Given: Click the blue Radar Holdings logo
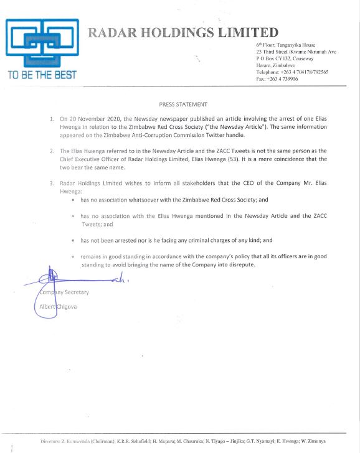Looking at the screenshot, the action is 42,42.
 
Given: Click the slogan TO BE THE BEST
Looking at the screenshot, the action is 42,75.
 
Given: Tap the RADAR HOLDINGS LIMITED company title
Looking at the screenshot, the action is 183,32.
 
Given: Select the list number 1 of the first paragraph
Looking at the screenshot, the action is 52,118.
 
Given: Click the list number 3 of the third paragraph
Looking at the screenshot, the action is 52,184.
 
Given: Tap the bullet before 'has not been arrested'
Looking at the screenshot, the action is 73,240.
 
